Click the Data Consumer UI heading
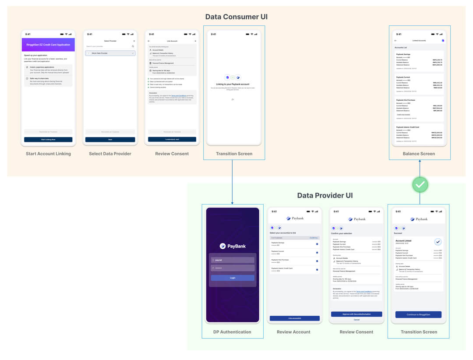tap(236, 17)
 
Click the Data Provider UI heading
tap(325, 195)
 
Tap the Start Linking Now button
tap(48, 139)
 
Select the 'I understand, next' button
tap(172, 139)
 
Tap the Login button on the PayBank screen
tap(232, 278)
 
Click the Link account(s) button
tap(294, 318)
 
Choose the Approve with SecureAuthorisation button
tap(356, 314)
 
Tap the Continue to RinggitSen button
tap(418, 314)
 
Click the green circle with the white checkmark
tap(420, 185)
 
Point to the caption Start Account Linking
tap(48, 154)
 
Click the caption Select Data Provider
tap(110, 154)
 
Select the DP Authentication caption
tap(232, 332)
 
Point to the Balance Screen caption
tap(419, 154)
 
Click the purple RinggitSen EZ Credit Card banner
tap(48, 45)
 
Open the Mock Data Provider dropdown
tap(110, 53)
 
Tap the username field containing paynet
tap(232, 260)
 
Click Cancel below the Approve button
tap(356, 320)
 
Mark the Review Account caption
tap(293, 332)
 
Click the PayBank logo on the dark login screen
tap(232, 246)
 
